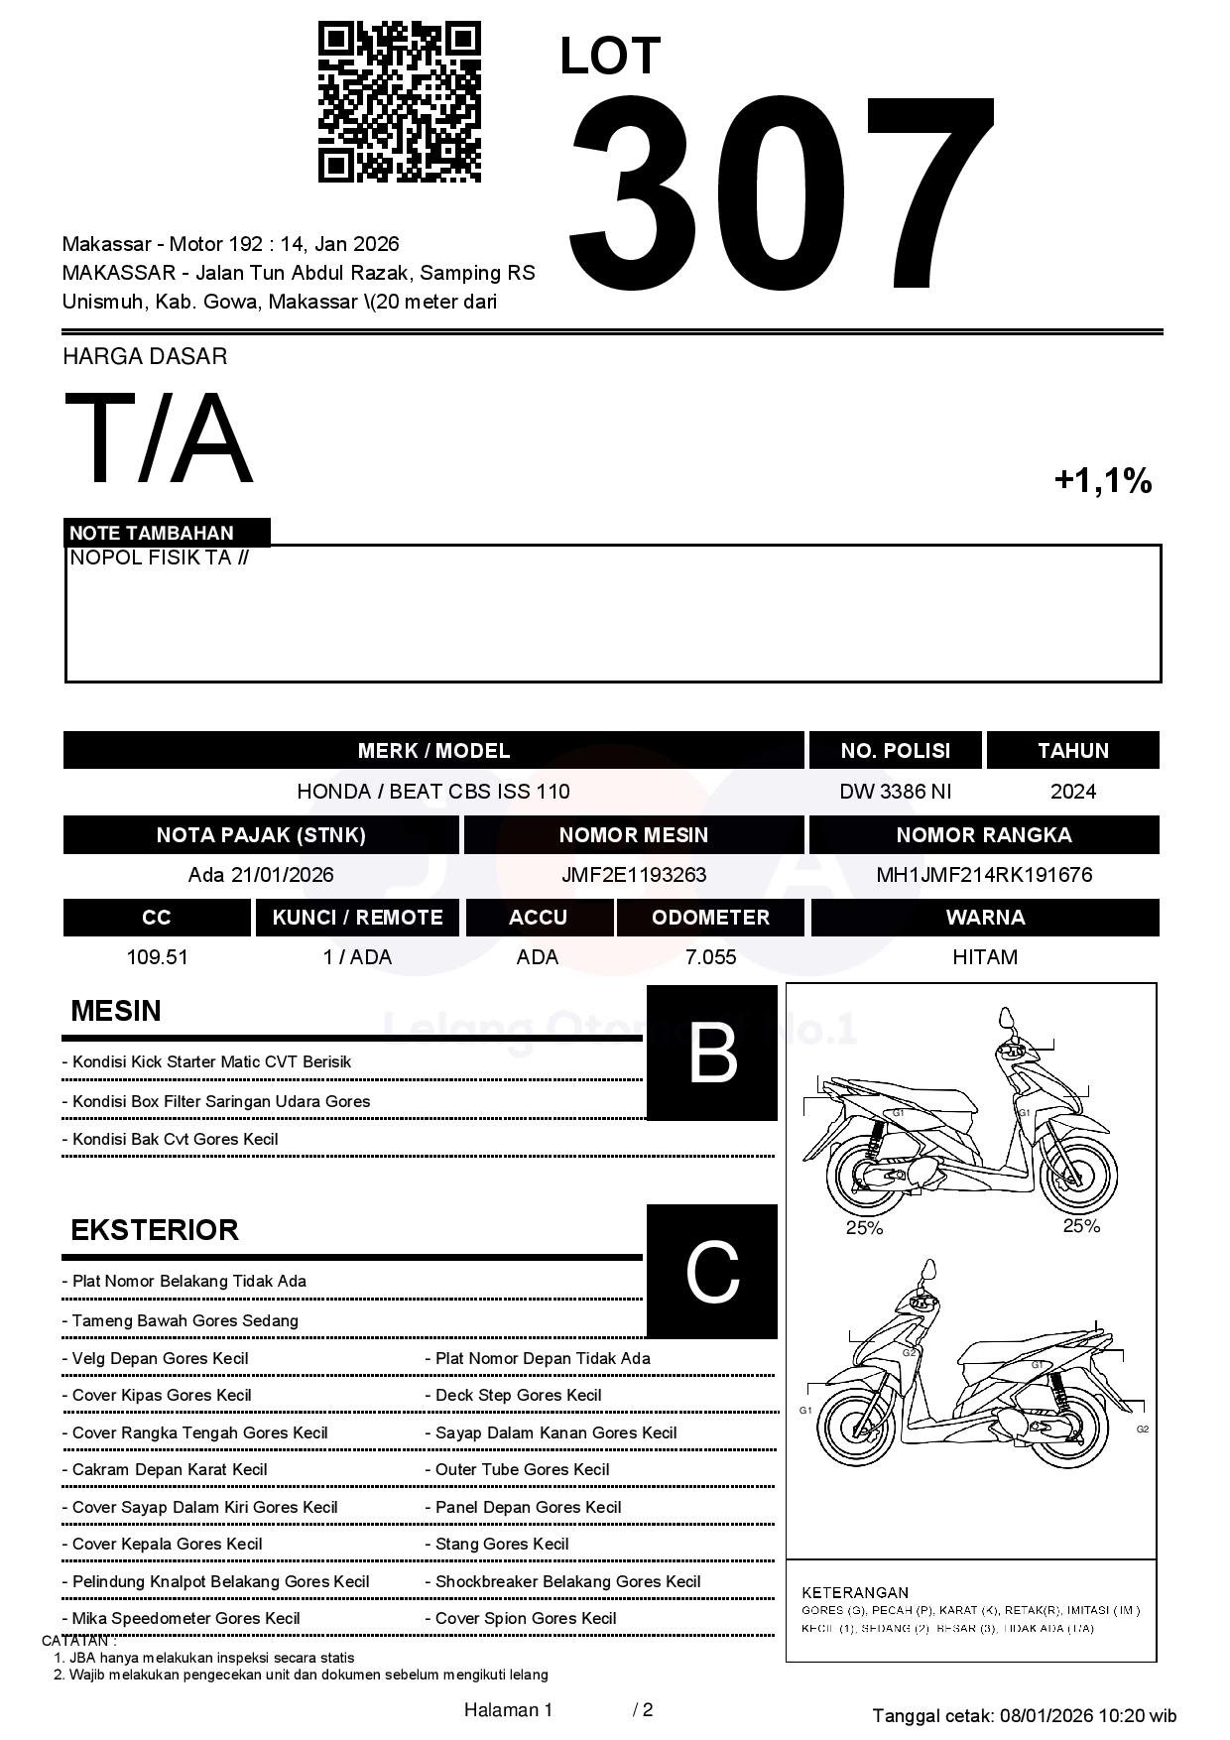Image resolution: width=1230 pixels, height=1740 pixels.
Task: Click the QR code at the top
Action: (x=400, y=102)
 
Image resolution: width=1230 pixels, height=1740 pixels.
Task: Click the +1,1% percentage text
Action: (x=1102, y=481)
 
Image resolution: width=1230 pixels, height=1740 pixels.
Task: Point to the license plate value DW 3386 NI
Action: (x=895, y=792)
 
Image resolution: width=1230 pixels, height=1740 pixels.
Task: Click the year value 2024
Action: (x=1073, y=792)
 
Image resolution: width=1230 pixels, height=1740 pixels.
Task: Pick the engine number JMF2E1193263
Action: (x=634, y=875)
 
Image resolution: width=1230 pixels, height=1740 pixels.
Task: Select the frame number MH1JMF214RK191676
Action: (x=984, y=875)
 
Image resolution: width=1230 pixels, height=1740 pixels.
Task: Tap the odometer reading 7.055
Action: (x=710, y=957)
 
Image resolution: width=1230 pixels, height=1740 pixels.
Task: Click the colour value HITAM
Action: (x=985, y=957)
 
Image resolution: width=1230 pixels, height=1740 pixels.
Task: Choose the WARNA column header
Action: (x=985, y=918)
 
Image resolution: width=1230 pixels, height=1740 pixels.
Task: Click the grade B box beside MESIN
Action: (x=712, y=1053)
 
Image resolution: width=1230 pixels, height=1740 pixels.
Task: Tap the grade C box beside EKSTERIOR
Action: (x=712, y=1271)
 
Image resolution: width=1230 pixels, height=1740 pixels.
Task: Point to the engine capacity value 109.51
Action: (x=157, y=957)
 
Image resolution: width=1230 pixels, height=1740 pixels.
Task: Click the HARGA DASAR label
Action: (x=145, y=357)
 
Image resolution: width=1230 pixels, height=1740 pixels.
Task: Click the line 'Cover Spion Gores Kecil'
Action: (x=526, y=1618)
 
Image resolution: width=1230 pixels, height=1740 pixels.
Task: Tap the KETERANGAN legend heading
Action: (x=855, y=1592)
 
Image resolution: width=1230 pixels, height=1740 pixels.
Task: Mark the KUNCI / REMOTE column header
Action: (x=358, y=918)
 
